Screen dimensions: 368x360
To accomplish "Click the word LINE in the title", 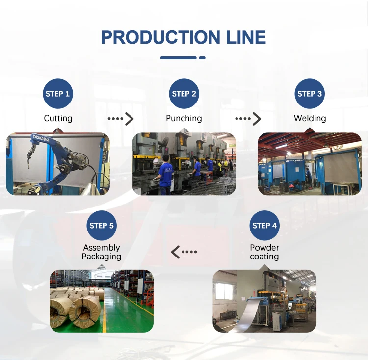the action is point(244,37).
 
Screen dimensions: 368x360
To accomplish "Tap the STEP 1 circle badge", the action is point(58,94).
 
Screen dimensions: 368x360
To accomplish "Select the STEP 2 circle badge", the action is point(184,94).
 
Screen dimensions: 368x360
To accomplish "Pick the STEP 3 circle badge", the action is point(310,94).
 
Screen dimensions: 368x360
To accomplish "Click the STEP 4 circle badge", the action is point(264,226).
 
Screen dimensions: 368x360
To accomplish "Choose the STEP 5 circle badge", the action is point(102,226).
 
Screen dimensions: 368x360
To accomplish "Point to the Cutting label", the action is point(58,118).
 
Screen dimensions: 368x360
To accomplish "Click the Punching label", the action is point(184,118).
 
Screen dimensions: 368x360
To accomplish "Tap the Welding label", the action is point(310,118).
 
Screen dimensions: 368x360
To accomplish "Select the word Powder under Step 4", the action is point(264,248).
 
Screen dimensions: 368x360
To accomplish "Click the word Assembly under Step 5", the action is point(102,248).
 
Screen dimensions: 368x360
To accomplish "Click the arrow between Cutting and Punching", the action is point(121,119).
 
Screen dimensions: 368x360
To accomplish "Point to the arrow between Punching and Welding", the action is point(248,119).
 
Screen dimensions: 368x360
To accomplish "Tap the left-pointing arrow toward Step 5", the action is point(184,252).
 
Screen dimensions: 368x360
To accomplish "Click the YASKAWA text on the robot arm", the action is point(40,139).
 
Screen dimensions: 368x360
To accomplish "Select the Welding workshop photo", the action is point(310,164).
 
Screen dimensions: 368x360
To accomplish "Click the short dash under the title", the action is point(202,58).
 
